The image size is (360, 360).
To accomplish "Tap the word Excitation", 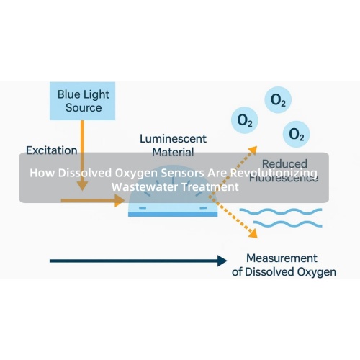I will pos(51,150).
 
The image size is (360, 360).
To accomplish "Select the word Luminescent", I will pos(173,138).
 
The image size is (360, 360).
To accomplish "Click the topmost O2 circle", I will pos(277,102).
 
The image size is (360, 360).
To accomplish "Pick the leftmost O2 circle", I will pos(245,119).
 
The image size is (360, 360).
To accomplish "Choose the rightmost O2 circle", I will pos(295,133).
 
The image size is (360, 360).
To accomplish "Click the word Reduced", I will pos(284,164).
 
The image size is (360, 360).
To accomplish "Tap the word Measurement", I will pos(282,258).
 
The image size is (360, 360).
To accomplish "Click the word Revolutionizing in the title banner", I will pos(274,174).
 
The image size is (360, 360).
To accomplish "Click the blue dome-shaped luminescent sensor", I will pos(173,207).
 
